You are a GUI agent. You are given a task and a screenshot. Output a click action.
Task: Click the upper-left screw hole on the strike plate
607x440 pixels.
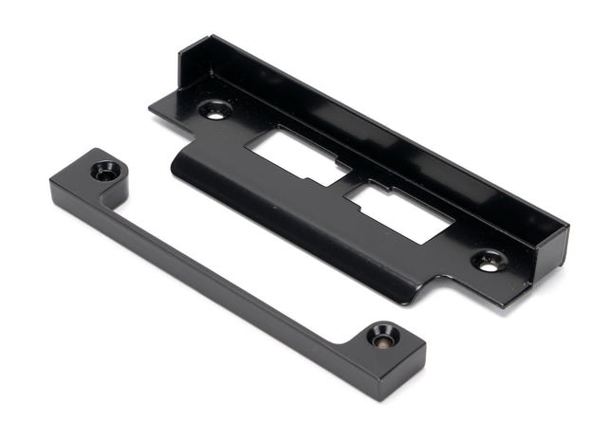213,110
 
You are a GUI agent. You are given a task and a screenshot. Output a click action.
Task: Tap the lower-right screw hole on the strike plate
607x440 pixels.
488,263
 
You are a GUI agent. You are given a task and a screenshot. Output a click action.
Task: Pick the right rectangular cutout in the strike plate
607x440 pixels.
399,211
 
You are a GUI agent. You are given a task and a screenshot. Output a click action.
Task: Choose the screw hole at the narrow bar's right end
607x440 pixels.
384,335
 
